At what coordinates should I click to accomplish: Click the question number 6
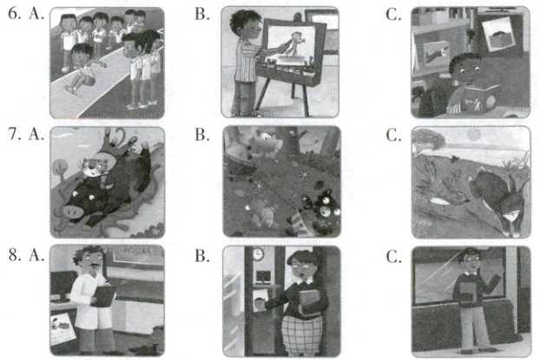(x=14, y=14)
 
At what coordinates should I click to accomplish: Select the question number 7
(x=14, y=134)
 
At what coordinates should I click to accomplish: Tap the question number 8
(x=14, y=254)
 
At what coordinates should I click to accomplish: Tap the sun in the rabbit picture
(x=475, y=134)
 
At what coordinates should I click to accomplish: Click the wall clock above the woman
(x=258, y=254)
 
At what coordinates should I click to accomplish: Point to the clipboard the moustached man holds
(x=102, y=297)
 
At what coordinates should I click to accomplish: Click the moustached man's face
(x=92, y=262)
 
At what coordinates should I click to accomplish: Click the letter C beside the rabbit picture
(x=393, y=135)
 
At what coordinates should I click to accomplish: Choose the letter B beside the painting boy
(x=202, y=14)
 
